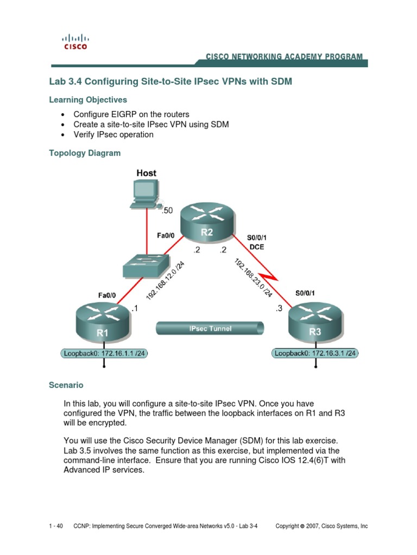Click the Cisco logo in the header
coord(75,42)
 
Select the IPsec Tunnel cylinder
coord(211,329)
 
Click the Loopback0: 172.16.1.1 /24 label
coord(105,354)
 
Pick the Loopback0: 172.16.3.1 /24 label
coord(315,354)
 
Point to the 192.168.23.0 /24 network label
coord(254,277)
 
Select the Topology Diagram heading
coord(85,153)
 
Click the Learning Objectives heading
coord(88,100)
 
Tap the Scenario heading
coord(66,385)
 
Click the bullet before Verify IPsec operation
coord(64,135)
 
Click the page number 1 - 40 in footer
coord(56,526)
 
